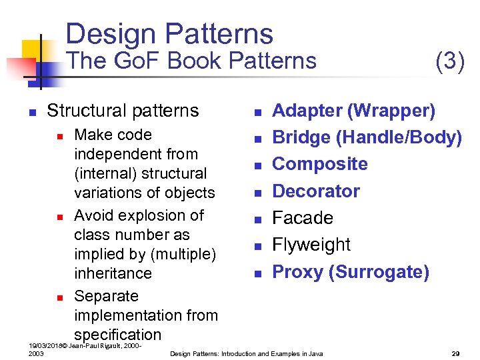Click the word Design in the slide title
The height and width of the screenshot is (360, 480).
point(110,34)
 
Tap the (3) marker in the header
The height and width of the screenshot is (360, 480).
point(449,61)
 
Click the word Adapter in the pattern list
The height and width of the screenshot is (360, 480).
point(304,111)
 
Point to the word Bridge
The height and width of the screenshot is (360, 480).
point(301,137)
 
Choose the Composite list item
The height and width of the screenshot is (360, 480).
point(320,164)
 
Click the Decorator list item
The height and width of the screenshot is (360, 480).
point(316,191)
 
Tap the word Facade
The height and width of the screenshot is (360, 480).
point(303,218)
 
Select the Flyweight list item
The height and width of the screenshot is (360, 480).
point(311,245)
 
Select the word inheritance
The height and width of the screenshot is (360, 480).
point(113,273)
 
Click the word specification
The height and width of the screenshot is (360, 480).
point(117,335)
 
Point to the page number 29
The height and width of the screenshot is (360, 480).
point(456,353)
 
